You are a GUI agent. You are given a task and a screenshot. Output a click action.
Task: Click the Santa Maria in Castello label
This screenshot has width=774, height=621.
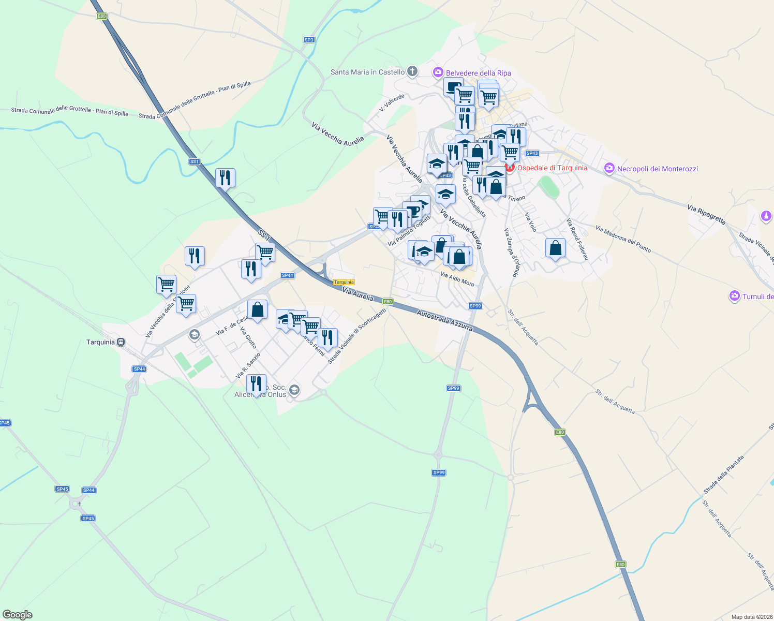(367, 72)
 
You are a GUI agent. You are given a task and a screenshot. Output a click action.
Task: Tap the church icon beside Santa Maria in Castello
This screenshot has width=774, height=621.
(412, 71)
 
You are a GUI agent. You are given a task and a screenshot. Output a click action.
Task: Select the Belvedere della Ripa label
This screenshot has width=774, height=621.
(478, 73)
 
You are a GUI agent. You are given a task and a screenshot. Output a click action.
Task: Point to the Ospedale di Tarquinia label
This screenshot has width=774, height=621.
(552, 168)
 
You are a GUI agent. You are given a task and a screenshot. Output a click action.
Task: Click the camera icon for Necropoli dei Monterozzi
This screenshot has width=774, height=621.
(609, 168)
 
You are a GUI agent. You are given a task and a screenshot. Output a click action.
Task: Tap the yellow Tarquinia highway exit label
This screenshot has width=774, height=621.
(344, 282)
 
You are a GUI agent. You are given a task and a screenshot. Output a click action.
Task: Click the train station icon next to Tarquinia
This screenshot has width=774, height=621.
(121, 342)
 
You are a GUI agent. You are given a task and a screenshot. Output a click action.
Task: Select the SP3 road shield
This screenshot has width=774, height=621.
(309, 40)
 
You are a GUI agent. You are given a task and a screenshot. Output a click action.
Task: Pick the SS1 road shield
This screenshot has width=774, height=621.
(195, 161)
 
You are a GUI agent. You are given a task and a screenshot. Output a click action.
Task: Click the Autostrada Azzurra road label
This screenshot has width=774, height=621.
(444, 320)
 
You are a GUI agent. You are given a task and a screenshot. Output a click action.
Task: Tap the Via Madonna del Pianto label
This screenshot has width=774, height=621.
(623, 239)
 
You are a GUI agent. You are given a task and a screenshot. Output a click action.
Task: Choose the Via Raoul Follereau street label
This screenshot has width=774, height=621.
(577, 239)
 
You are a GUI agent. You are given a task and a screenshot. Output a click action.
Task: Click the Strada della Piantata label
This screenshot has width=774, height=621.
(723, 475)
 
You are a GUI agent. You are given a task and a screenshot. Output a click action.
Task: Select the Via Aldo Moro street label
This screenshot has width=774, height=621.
(457, 279)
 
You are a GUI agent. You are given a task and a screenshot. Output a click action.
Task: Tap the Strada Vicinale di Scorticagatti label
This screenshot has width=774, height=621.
(356, 336)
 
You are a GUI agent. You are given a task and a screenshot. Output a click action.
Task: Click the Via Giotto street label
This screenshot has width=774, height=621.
(248, 337)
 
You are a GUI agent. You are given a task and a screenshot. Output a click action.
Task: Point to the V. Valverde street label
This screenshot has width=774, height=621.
(392, 102)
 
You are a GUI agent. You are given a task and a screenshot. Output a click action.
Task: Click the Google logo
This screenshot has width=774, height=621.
(18, 615)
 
